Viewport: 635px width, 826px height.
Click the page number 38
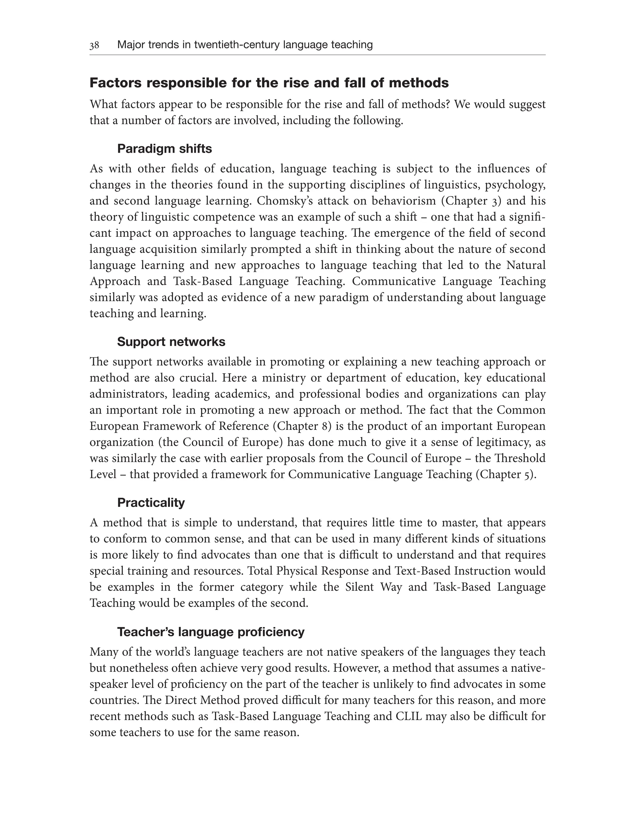[94, 45]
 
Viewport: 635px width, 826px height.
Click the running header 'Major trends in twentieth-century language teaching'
[245, 45]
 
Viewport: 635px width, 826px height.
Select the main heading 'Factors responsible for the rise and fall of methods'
[269, 83]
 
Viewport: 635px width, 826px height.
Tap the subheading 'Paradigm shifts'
[164, 149]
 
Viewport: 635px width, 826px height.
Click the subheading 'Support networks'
[171, 342]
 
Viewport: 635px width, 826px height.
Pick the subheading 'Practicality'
[151, 502]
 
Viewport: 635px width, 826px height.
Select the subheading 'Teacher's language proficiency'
[211, 632]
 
